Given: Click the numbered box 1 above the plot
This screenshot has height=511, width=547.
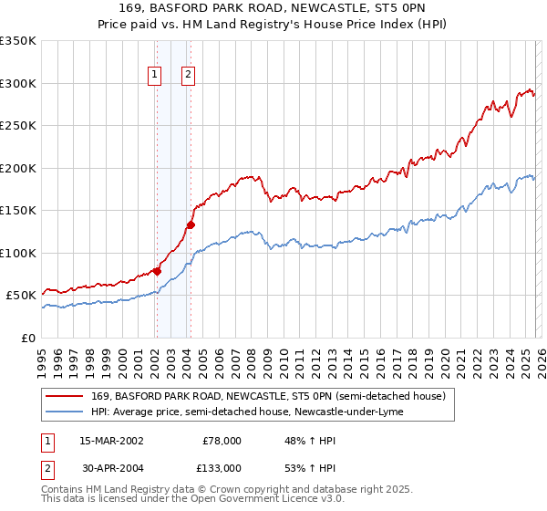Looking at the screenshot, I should [156, 76].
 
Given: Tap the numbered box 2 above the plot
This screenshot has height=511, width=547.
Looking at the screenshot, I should [189, 76].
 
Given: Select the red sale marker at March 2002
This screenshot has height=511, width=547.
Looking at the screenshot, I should [157, 271].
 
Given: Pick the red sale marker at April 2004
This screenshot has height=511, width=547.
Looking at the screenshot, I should [191, 224].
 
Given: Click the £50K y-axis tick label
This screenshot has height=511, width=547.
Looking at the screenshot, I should [21, 296].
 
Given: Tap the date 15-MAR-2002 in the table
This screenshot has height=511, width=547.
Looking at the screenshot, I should [111, 440].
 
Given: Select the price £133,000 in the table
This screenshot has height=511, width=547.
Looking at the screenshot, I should [222, 467].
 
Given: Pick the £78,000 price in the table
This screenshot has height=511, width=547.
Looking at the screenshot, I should [222, 440].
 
